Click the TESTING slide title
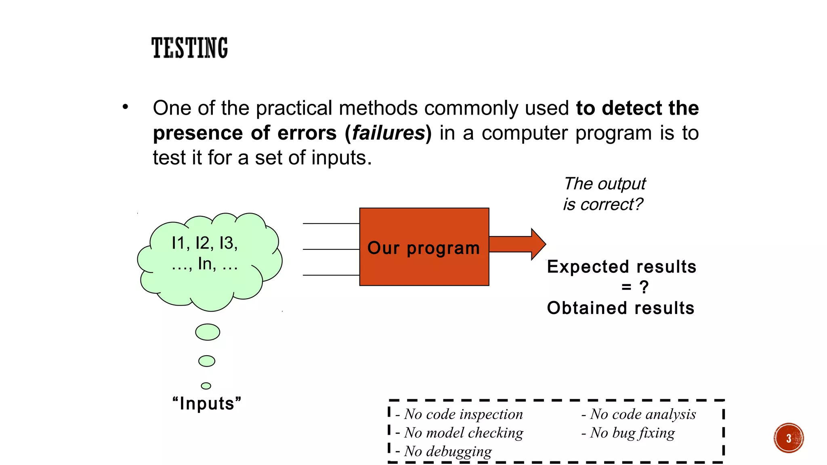(x=189, y=48)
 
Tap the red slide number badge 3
(x=788, y=438)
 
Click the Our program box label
(x=424, y=248)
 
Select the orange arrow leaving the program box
(x=517, y=244)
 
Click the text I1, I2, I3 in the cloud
(x=205, y=243)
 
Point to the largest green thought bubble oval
(x=208, y=332)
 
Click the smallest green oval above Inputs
(x=206, y=386)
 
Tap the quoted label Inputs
(x=207, y=404)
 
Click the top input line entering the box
(x=331, y=223)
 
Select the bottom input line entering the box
(x=331, y=275)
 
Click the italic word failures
(x=389, y=133)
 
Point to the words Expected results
(x=621, y=267)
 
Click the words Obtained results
(x=621, y=308)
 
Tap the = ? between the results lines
(x=635, y=287)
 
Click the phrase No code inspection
(x=463, y=414)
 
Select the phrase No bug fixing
(x=632, y=433)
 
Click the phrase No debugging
(x=448, y=451)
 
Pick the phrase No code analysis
(x=643, y=414)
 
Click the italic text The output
(x=605, y=184)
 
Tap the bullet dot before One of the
(x=126, y=107)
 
